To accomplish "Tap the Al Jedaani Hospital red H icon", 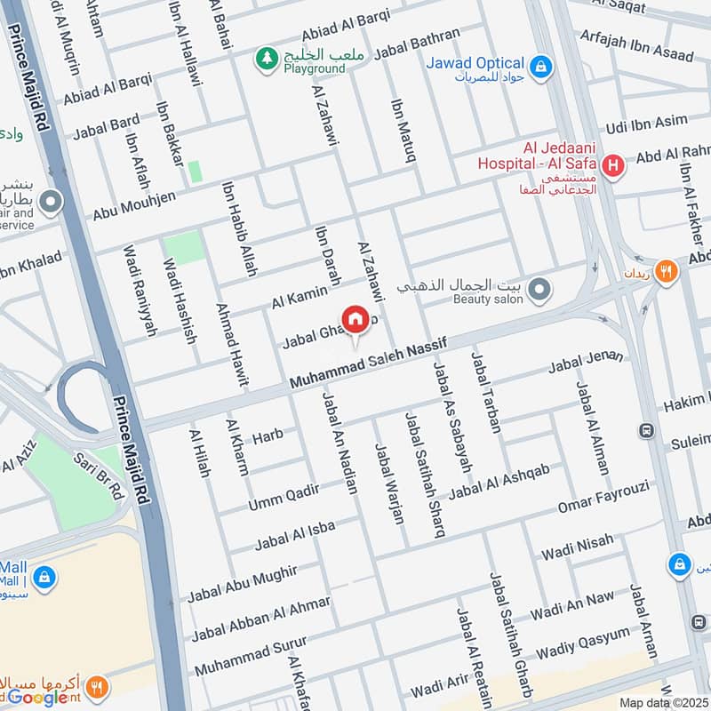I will point(611,164).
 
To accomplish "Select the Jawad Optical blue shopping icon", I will point(539,65).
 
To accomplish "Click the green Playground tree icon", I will point(265,60).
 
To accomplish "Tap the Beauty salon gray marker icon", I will point(538,290).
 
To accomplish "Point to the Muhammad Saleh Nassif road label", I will point(366,364).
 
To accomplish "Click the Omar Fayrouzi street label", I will point(603,496).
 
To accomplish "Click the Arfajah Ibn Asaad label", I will point(635,46).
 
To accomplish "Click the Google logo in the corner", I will point(37,697).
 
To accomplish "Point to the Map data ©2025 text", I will point(662,702).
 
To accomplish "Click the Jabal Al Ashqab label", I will point(499,480).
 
